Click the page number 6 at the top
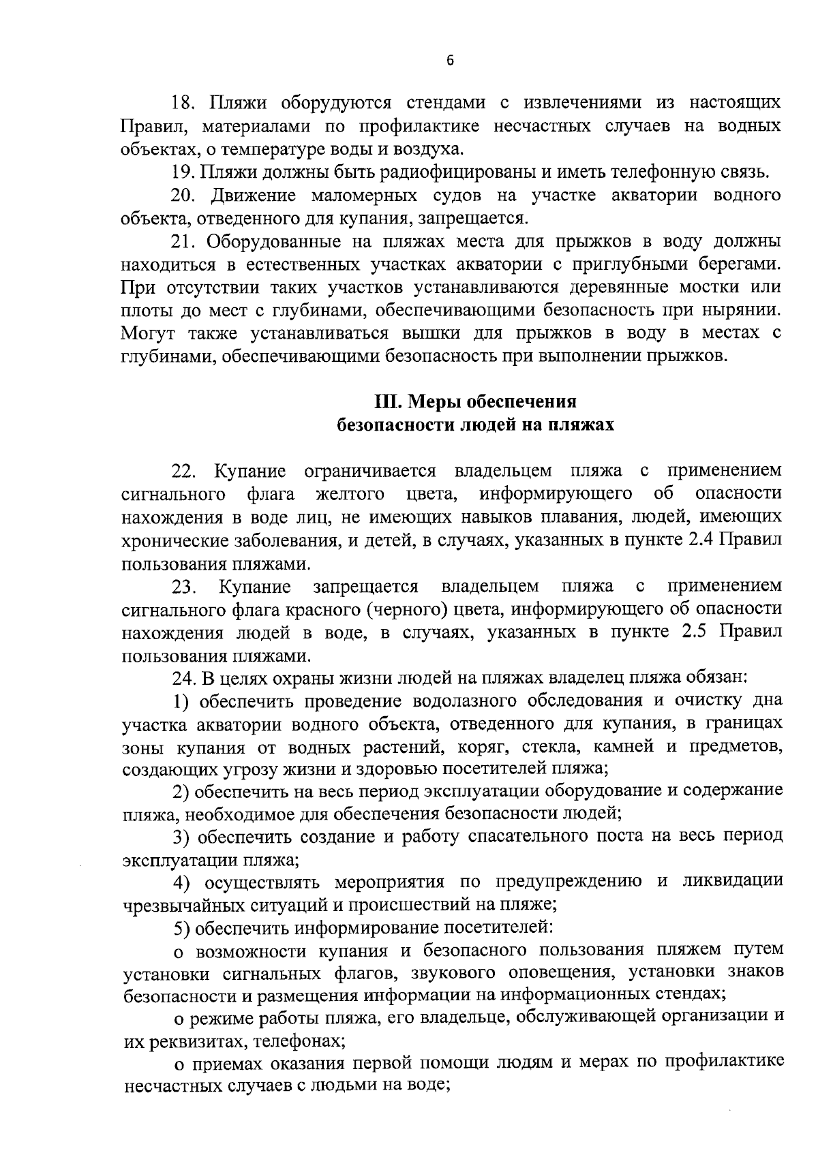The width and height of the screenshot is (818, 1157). (x=449, y=61)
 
